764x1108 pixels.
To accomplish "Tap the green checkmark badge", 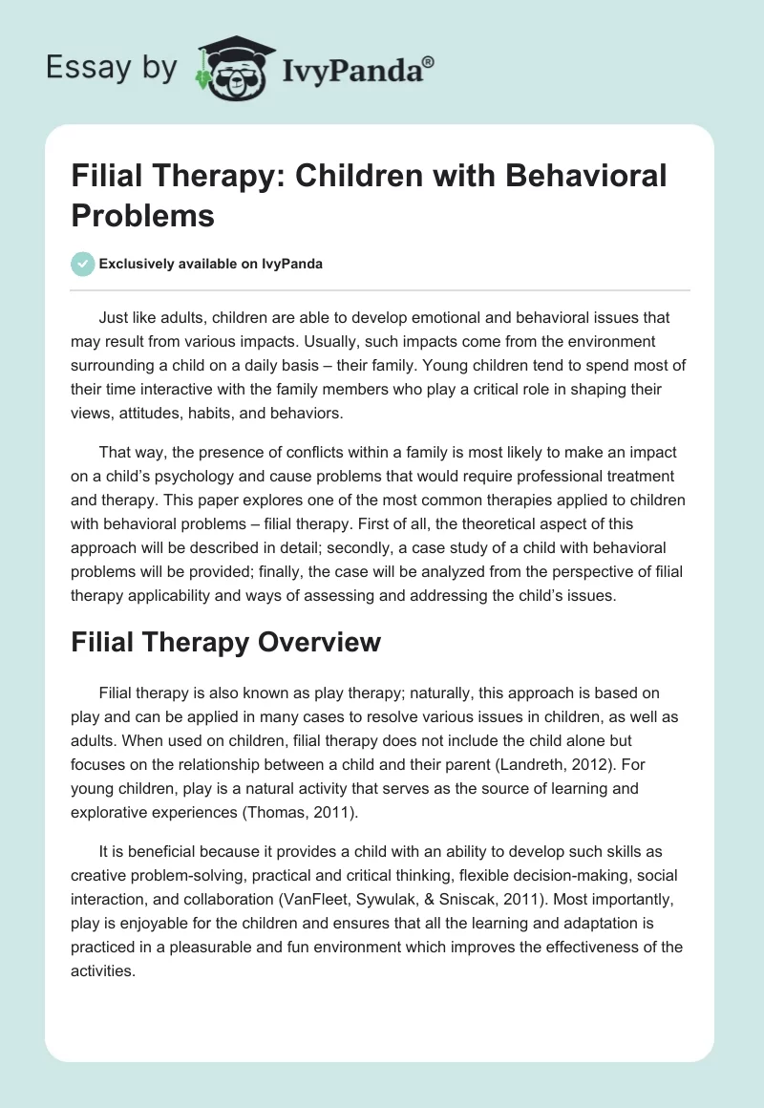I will click(x=83, y=264).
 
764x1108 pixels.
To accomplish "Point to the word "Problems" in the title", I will click(x=142, y=215).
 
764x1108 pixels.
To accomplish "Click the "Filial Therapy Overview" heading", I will click(x=225, y=642).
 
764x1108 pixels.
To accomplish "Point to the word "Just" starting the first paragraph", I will click(x=115, y=318).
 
